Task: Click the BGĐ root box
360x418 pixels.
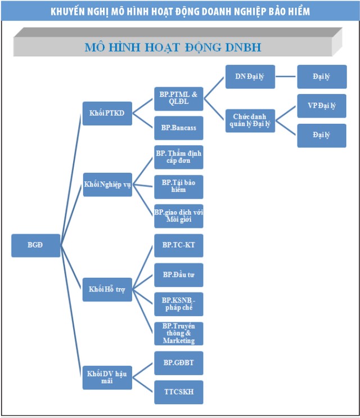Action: click(35, 245)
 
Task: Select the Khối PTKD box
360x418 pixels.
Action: click(107, 113)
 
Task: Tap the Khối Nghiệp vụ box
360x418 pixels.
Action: click(107, 185)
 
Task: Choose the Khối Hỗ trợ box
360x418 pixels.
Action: click(107, 289)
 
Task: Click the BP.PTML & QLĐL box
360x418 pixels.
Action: click(178, 98)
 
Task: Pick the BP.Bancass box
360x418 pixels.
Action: click(178, 128)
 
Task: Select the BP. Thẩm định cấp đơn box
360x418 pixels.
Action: click(178, 157)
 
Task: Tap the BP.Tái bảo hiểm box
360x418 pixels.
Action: click(178, 186)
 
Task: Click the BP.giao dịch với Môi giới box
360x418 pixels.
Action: click(178, 215)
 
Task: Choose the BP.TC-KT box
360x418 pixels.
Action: click(178, 245)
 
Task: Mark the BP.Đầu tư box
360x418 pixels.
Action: click(178, 275)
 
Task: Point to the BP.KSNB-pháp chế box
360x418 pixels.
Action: click(178, 304)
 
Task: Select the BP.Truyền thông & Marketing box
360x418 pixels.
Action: click(178, 333)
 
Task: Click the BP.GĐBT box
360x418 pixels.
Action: click(178, 363)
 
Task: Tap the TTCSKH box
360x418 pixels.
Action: click(178, 392)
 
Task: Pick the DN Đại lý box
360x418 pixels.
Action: click(250, 77)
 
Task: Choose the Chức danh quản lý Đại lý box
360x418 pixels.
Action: click(250, 121)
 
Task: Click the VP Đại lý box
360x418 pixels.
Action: click(322, 106)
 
